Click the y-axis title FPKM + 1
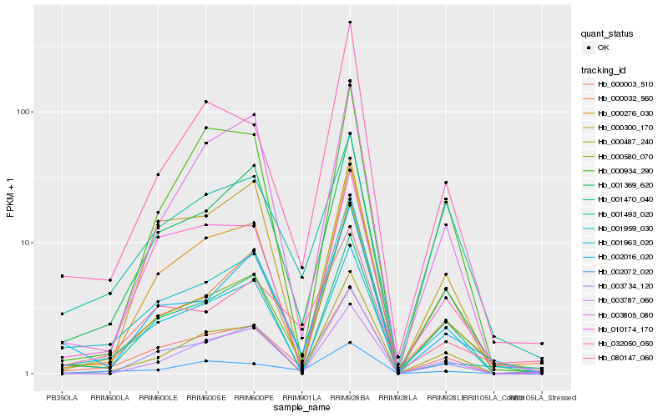[11, 198]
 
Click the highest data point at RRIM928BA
[350, 23]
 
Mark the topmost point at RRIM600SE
[206, 102]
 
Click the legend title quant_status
[608, 34]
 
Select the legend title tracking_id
[605, 70]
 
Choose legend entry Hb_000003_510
[625, 84]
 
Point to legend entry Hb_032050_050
[625, 343]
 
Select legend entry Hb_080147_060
[625, 357]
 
